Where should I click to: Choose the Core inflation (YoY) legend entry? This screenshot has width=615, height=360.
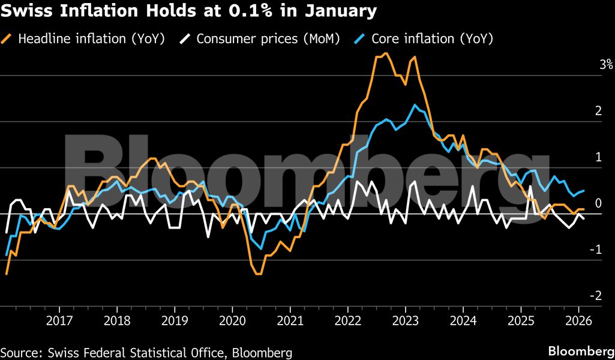point(432,39)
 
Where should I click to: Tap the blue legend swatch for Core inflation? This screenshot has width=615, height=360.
point(361,39)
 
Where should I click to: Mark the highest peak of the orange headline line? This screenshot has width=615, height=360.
point(386,53)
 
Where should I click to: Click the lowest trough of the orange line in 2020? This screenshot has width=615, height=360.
point(258,274)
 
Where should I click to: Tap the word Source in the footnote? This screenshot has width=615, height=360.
point(20,352)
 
